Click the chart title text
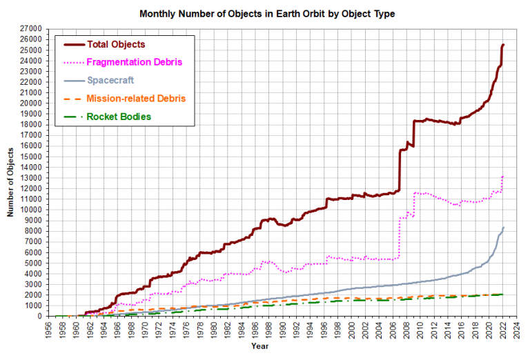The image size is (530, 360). coord(267,14)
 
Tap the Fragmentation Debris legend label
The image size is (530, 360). coord(134,62)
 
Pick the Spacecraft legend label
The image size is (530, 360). coord(110,81)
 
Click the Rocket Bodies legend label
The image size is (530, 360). coord(119,117)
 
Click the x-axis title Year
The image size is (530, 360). coord(260,346)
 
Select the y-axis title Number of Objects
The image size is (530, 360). coord(10,182)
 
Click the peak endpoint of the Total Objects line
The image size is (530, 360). coord(503,45)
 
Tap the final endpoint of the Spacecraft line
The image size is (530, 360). coord(503,228)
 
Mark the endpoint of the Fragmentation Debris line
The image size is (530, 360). coord(503,176)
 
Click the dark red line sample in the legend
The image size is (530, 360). coord(75,45)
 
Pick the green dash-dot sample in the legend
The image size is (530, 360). coord(73,117)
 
